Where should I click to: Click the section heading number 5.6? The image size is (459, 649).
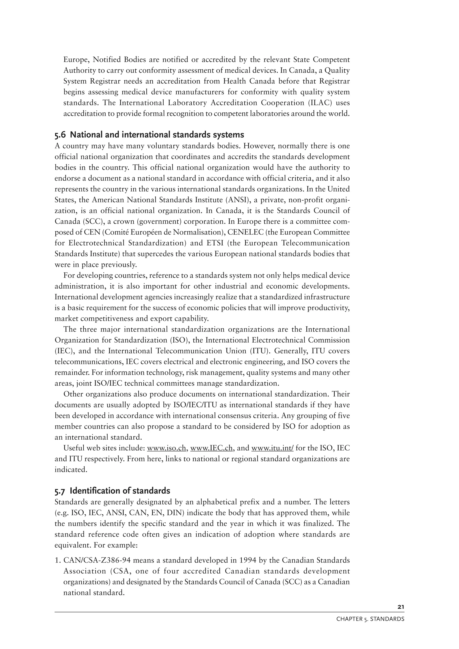tap(60, 135)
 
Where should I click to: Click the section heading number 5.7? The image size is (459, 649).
tap(60, 491)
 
